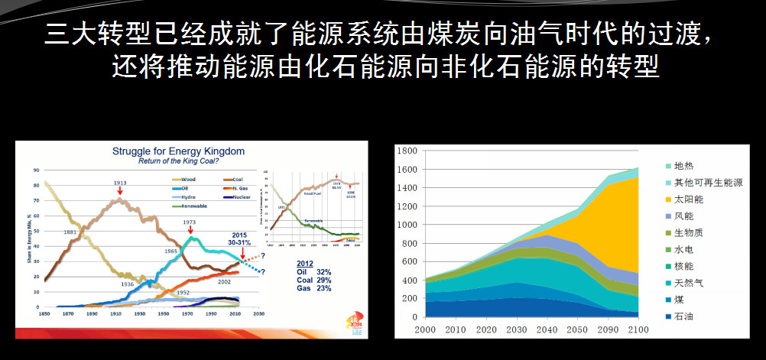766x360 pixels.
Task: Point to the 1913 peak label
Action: coord(119,183)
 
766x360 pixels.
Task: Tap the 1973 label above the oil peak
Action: coord(190,222)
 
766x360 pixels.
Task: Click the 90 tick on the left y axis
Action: coord(36,170)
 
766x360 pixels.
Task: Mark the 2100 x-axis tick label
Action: coord(638,329)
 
